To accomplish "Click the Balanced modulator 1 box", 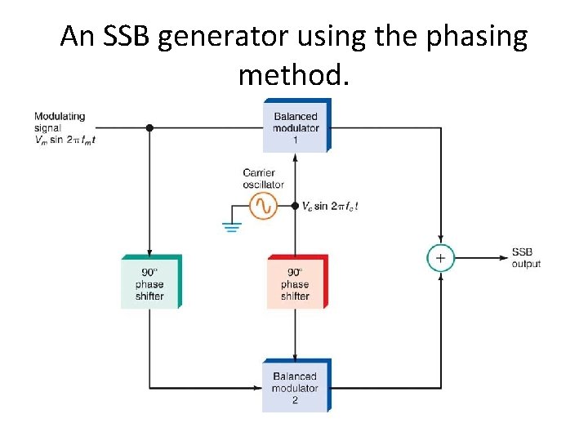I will tap(296, 127).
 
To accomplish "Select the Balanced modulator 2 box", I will tap(296, 386).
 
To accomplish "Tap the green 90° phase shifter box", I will tap(150, 282).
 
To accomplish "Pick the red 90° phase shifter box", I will tap(296, 282).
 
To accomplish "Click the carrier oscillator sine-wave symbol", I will tap(262, 207).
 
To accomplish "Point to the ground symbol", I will tap(232, 225).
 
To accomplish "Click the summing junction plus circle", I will tap(439, 258).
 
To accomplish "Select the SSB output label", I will tap(526, 258).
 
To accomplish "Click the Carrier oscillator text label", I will tap(263, 178).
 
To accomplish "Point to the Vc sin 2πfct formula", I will tap(330, 207).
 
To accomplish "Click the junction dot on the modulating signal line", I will tap(149, 127).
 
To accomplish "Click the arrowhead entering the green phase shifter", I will tap(149, 252).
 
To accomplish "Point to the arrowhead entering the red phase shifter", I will tap(296, 252).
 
